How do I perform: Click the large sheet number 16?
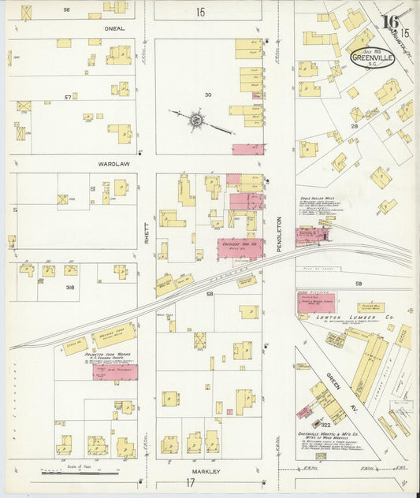pos(388,23)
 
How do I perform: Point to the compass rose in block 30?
pos(195,121)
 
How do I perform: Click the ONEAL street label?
pos(95,28)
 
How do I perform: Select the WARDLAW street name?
pos(91,164)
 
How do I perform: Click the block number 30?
pos(208,95)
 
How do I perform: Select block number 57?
pos(69,97)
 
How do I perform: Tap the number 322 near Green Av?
pos(325,424)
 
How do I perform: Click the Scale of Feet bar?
pos(79,471)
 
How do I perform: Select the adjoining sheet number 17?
pos(190,483)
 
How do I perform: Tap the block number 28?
pos(355,126)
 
